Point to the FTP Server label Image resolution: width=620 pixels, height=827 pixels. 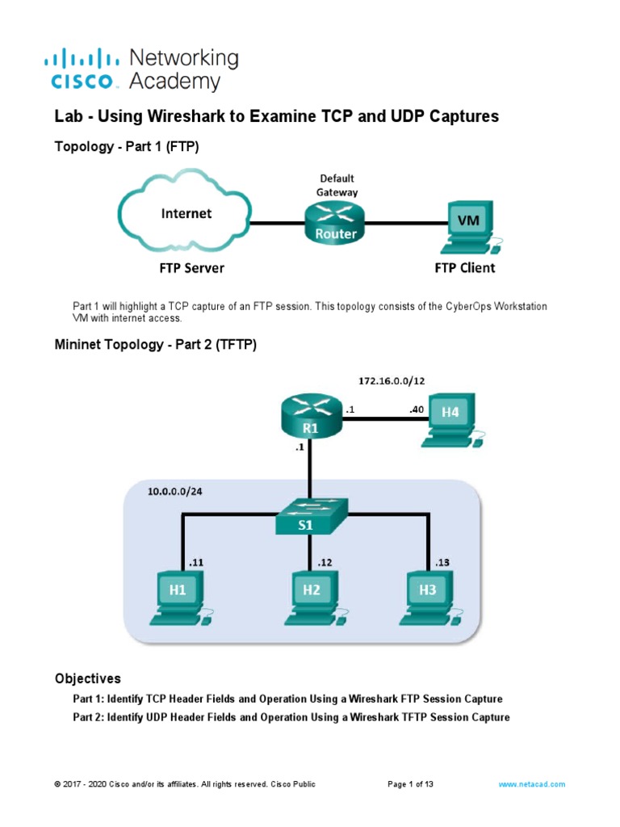point(192,267)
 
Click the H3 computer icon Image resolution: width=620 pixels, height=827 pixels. point(428,598)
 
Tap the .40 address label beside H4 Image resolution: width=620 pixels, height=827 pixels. point(416,409)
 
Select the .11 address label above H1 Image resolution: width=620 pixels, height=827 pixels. point(195,562)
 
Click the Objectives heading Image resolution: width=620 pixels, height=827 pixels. point(87,678)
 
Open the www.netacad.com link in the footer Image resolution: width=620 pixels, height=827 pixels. point(532,784)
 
